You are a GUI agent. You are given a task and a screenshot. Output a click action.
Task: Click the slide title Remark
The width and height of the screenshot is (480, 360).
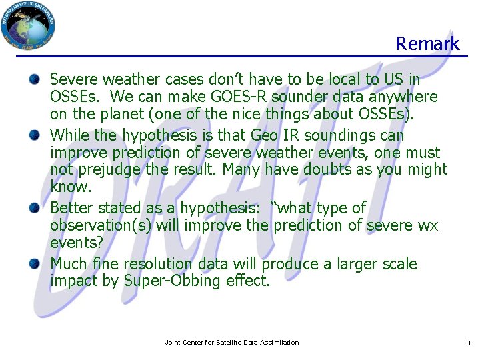pos(427,44)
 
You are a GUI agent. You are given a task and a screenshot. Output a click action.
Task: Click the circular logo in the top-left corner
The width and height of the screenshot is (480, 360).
pos(29,25)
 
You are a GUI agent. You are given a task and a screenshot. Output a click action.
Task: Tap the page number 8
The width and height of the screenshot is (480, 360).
pos(468,343)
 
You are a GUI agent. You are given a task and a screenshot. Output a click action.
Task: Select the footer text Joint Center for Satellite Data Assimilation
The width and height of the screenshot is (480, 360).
pos(231,342)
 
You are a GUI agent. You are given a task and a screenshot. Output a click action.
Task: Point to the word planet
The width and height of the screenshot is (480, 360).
pos(117,114)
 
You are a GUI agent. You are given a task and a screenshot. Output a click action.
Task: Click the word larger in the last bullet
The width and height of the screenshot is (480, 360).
pos(353,265)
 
